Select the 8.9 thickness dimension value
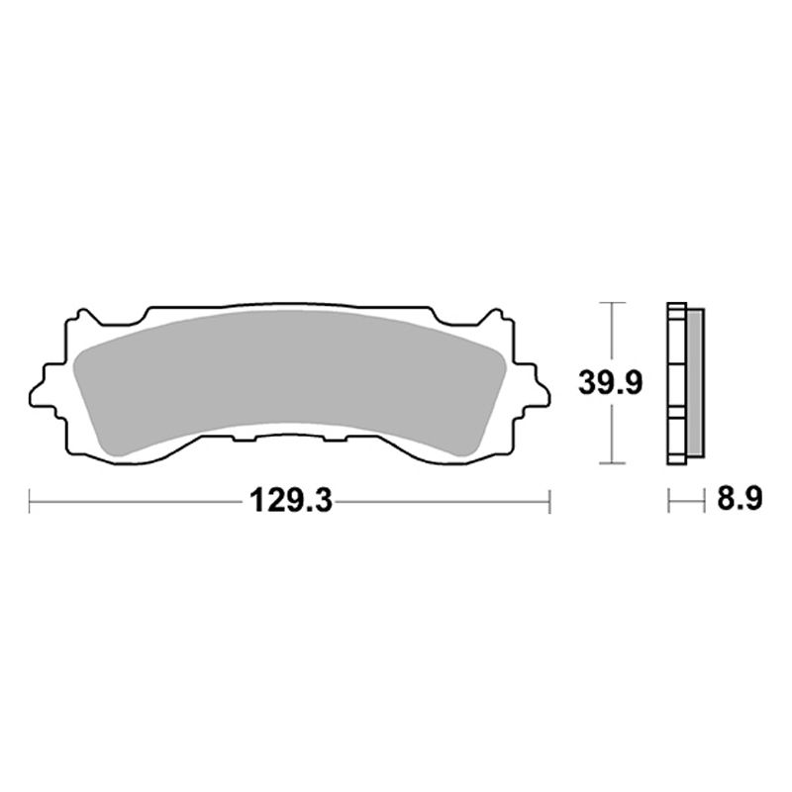pos(738,501)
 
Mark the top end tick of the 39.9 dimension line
pos(615,301)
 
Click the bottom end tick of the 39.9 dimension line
pos(615,463)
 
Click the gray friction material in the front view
pos(287,381)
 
